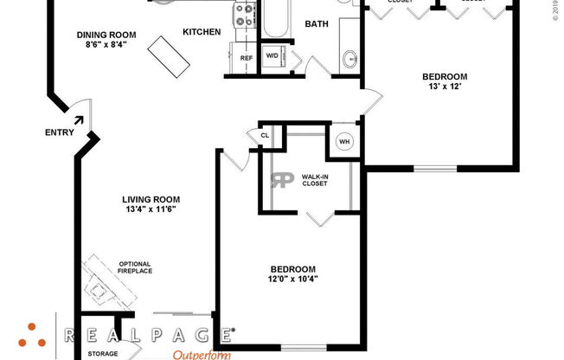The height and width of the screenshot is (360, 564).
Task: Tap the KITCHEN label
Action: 201,32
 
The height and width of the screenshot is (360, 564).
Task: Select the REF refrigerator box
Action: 247,58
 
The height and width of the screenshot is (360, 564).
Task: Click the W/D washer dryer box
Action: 271,56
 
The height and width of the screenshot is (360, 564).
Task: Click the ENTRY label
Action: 59,133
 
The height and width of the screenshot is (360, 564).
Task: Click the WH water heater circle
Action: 344,141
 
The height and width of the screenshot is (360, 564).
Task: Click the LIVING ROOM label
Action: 151,199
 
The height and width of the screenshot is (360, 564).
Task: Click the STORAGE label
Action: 102,353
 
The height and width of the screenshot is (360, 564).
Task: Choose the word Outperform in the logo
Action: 202,355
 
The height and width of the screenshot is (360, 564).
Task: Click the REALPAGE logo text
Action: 148,334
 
